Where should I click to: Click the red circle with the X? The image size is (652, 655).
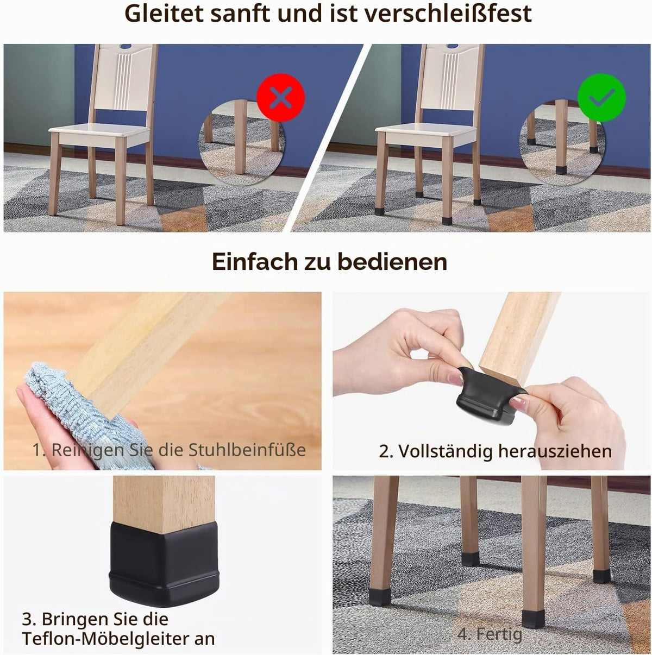click(x=280, y=98)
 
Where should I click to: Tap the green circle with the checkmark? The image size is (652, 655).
click(x=601, y=98)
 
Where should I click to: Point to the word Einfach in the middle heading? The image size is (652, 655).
click(x=255, y=262)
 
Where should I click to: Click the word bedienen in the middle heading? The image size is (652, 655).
click(x=392, y=262)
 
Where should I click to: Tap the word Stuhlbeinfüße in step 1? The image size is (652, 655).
click(x=247, y=450)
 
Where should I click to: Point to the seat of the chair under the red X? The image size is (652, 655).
click(x=99, y=133)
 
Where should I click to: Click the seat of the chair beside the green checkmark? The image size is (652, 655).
click(x=426, y=133)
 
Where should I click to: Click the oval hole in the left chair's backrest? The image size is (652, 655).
click(x=126, y=46)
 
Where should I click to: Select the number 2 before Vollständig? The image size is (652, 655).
click(x=383, y=451)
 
